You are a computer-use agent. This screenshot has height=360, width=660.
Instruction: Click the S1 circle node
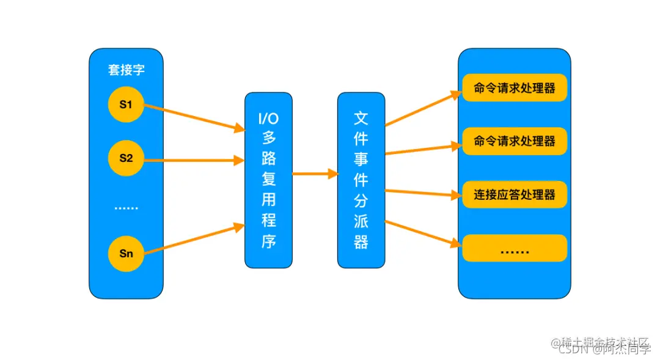126,105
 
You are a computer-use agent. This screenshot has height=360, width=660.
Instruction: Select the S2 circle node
126,158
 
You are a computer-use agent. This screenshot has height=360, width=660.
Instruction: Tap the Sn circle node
126,252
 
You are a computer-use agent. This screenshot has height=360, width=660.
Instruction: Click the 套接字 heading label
127,70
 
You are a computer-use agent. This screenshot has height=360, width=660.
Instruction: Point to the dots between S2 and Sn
127,208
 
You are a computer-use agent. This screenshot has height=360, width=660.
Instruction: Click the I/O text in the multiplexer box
269,118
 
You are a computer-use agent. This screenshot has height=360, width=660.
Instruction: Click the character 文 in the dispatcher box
361,118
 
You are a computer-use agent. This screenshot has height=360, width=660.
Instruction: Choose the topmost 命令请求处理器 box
515,88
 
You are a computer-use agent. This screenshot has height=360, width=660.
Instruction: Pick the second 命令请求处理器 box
515,141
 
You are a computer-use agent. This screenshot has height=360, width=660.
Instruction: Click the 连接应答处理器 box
515,194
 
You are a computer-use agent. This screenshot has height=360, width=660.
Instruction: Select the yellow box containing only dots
515,248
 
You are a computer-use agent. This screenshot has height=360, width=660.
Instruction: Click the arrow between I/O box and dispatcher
315,174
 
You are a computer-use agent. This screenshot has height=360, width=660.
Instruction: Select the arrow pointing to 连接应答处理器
422,194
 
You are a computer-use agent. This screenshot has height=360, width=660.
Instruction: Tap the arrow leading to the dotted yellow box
422,233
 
